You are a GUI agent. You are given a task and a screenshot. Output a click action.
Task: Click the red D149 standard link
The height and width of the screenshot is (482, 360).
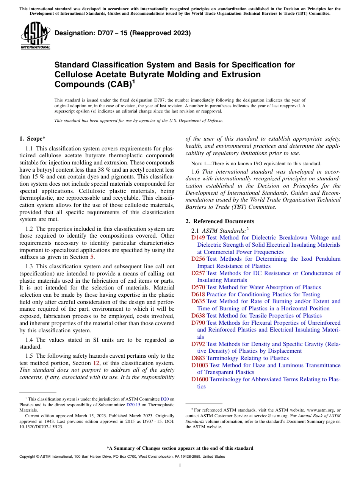(198, 238)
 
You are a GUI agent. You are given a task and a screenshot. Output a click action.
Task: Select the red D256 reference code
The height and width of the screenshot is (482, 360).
(198, 259)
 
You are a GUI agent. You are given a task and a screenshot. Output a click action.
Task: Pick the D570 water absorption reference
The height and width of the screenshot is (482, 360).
(198, 287)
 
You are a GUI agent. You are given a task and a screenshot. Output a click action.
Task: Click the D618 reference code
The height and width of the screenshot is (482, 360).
(198, 294)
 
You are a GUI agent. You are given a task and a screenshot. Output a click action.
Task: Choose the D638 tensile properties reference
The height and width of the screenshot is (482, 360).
(198, 316)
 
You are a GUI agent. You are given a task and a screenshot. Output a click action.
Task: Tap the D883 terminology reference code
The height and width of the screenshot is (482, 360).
(198, 358)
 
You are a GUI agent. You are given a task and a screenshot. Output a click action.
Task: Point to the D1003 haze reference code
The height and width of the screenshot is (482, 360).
(200, 365)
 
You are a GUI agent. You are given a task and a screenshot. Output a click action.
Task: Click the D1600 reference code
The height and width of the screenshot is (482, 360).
(200, 379)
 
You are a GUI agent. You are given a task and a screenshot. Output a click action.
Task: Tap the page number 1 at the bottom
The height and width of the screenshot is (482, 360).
(180, 466)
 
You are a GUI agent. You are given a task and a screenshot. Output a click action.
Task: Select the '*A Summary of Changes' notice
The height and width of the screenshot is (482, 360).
(180, 448)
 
